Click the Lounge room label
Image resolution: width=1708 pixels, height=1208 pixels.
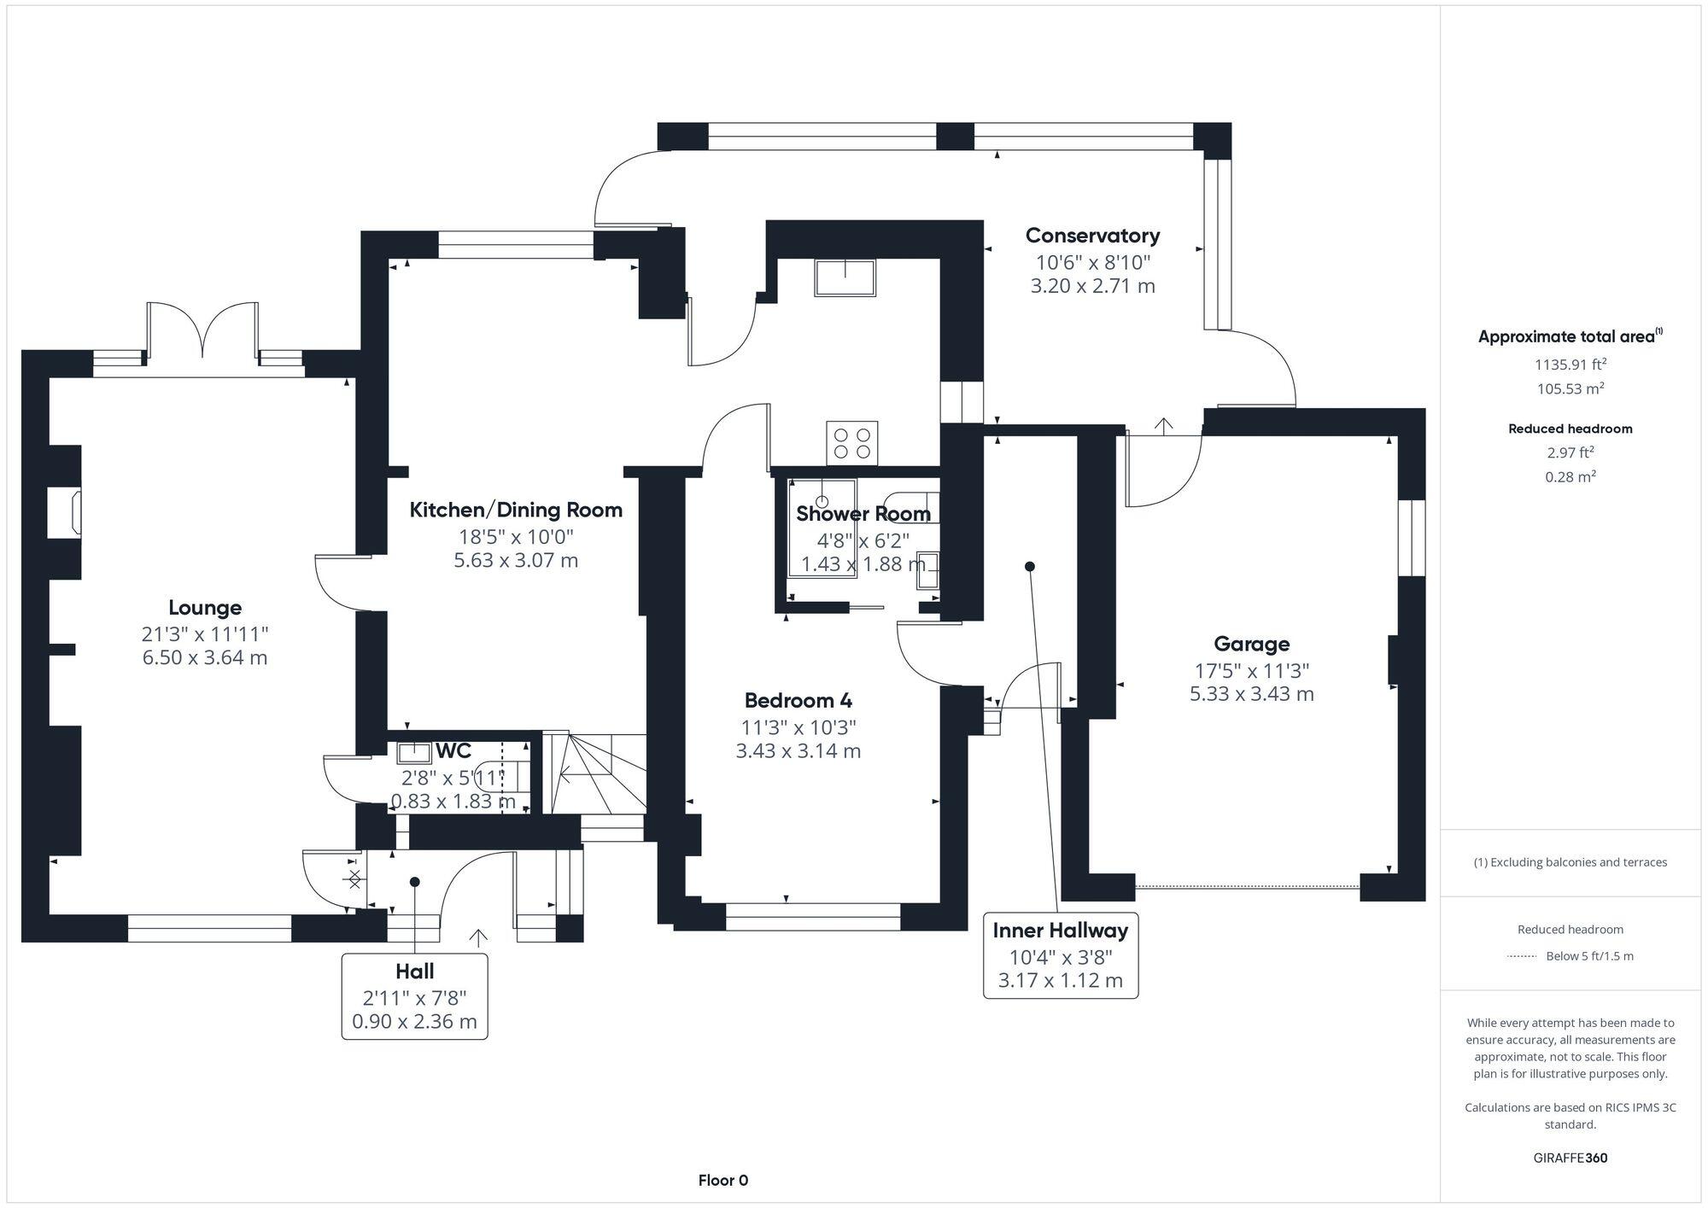pos(205,608)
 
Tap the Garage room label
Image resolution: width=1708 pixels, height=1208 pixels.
pos(1252,644)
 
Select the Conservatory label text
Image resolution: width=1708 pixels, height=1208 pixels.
pos(1092,236)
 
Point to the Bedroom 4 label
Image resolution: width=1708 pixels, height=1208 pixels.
pos(798,701)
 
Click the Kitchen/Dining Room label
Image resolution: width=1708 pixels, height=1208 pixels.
pos(516,511)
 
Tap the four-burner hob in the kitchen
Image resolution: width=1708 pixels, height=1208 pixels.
pos(851,443)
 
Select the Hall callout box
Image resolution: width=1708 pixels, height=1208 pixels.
pos(415,996)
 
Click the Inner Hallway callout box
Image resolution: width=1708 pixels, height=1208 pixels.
pos(1061,955)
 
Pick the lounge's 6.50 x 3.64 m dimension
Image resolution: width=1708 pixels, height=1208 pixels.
pos(205,657)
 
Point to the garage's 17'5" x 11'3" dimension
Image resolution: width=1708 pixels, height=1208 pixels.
pos(1252,671)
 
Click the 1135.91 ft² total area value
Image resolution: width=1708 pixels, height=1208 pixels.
pos(1571,365)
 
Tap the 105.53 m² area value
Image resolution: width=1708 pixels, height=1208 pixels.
pos(1571,388)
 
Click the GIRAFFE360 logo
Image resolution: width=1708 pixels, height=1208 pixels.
pos(1571,1158)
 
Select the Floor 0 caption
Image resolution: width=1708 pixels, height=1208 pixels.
pos(723,1181)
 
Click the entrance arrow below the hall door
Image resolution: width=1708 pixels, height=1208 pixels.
pos(478,937)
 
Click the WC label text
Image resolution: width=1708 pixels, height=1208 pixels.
pos(453,751)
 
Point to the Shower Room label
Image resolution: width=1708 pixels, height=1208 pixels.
pos(863,514)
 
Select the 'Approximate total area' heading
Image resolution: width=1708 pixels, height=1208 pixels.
pos(1571,336)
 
